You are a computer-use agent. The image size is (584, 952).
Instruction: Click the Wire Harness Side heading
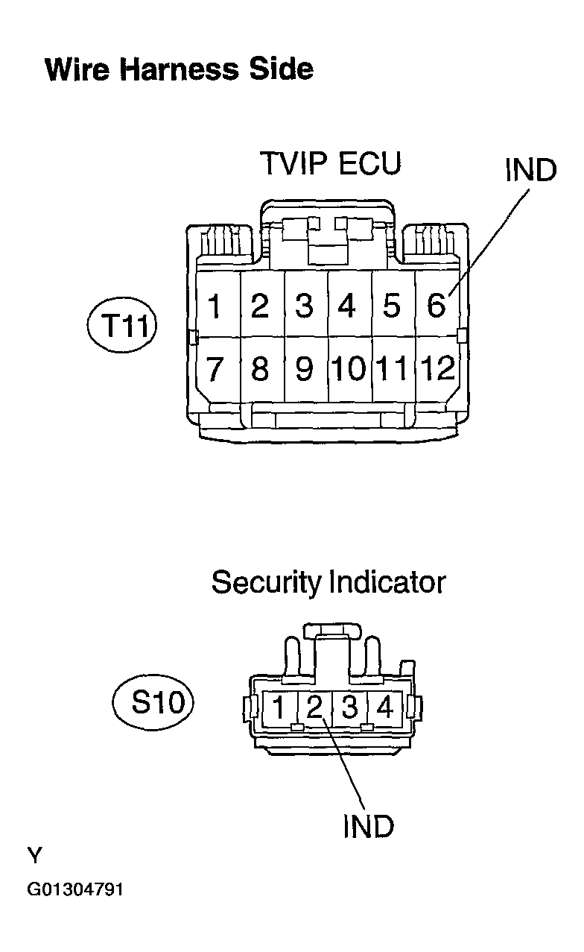click(x=179, y=69)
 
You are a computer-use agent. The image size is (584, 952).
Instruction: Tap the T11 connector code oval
click(x=122, y=325)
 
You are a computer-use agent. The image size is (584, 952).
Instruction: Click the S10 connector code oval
click(x=153, y=702)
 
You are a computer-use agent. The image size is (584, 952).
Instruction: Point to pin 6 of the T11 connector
click(x=437, y=304)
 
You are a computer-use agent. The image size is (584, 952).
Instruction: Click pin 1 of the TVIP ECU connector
click(x=215, y=305)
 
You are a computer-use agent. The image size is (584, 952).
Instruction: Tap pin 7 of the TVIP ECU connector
click(x=215, y=369)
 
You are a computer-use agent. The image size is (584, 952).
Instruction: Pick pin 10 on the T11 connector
click(x=349, y=368)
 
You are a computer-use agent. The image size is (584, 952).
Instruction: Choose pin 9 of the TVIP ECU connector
click(x=305, y=368)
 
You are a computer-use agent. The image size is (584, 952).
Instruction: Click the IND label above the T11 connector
click(x=531, y=170)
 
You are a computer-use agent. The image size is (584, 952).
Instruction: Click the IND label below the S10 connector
click(x=369, y=827)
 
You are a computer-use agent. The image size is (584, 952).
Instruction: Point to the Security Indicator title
click(x=328, y=582)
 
